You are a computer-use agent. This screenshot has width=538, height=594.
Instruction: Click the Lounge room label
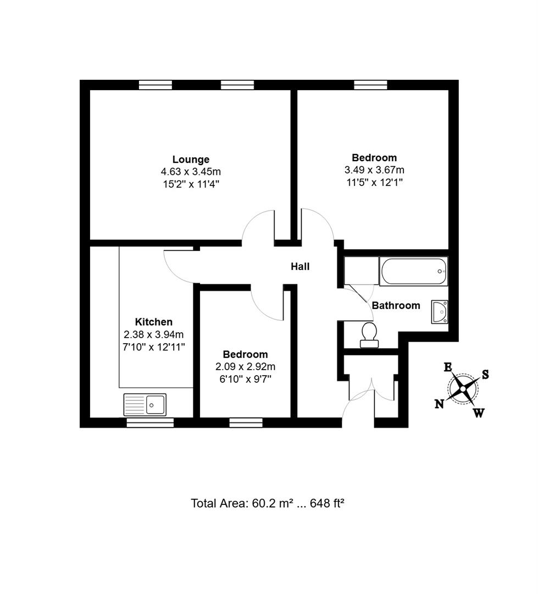click(x=191, y=159)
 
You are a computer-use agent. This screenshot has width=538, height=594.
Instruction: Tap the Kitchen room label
click(x=154, y=322)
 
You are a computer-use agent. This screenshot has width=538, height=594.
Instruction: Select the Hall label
click(x=300, y=267)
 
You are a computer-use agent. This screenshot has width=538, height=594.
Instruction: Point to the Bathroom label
click(x=396, y=305)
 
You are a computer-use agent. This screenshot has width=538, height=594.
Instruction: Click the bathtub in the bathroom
click(x=413, y=271)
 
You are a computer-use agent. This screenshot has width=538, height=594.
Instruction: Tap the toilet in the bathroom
click(x=369, y=335)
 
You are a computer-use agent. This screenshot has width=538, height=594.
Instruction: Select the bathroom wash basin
click(x=440, y=312)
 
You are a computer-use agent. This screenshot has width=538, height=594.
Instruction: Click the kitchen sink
click(x=145, y=405)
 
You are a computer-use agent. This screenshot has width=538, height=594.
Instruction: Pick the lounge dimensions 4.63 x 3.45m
click(x=191, y=172)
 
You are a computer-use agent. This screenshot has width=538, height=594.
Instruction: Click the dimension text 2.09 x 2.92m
click(x=245, y=367)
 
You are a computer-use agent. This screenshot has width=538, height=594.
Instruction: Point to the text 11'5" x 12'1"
click(x=374, y=183)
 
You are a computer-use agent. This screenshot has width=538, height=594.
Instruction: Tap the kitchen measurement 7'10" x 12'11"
click(x=154, y=347)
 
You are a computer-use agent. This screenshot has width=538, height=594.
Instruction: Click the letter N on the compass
click(x=439, y=404)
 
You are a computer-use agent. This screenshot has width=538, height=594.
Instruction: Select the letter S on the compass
click(x=485, y=375)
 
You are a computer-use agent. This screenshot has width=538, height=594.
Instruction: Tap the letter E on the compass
click(x=448, y=367)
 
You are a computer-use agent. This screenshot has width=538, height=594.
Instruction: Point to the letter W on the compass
click(x=479, y=413)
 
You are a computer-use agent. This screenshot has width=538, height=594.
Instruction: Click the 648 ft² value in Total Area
click(x=327, y=503)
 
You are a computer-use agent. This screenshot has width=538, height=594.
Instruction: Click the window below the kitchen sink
click(x=150, y=423)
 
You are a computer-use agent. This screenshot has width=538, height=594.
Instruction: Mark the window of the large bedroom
click(x=370, y=85)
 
